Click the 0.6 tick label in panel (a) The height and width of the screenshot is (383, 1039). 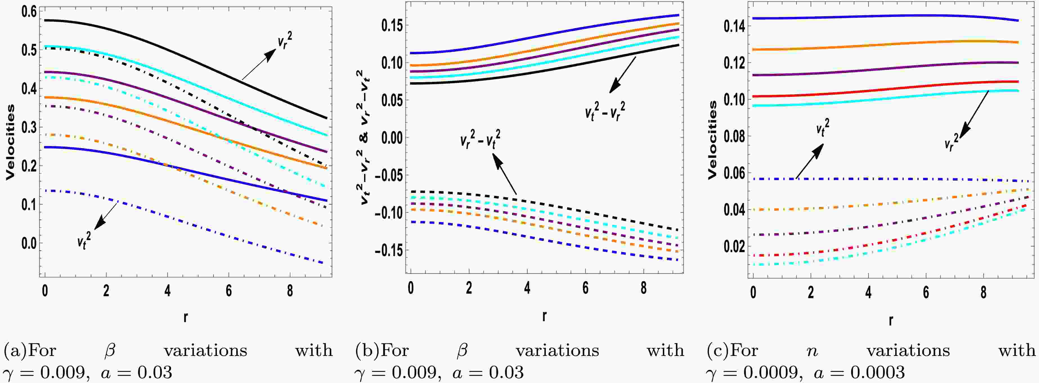[x=28, y=12]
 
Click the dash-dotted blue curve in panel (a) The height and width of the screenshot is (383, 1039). [x=202, y=226]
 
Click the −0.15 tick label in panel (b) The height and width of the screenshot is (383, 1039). [x=389, y=251]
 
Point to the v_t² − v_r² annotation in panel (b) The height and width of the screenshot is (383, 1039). [x=605, y=111]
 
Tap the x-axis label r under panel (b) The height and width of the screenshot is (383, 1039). [x=544, y=315]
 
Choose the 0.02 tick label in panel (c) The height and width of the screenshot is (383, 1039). [x=733, y=246]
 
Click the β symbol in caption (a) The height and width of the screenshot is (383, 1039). [x=110, y=350]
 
